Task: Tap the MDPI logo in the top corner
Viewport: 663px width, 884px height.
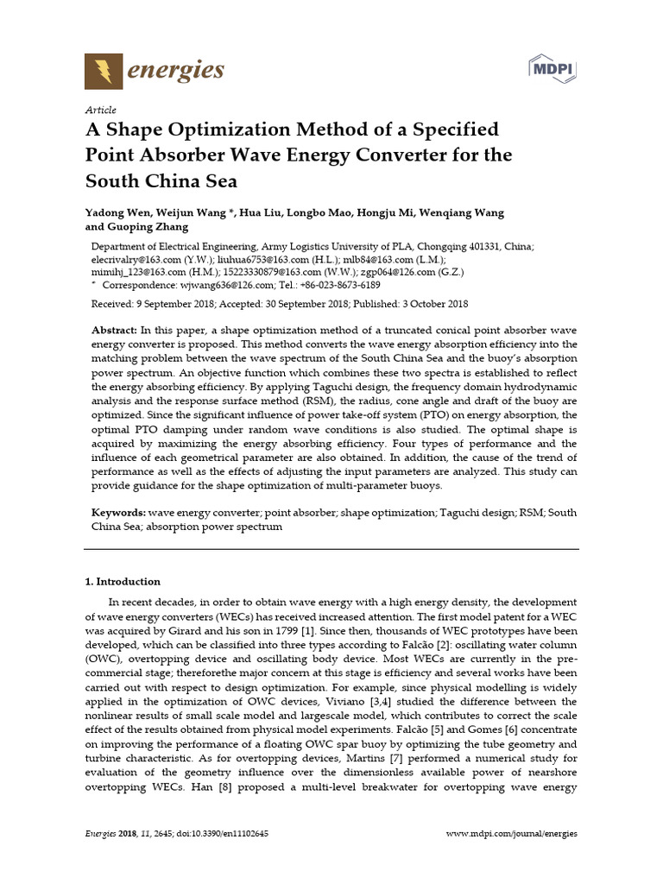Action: (552, 68)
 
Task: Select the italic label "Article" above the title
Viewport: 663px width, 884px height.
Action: (100, 110)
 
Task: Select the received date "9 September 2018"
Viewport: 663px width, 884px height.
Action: (173, 305)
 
